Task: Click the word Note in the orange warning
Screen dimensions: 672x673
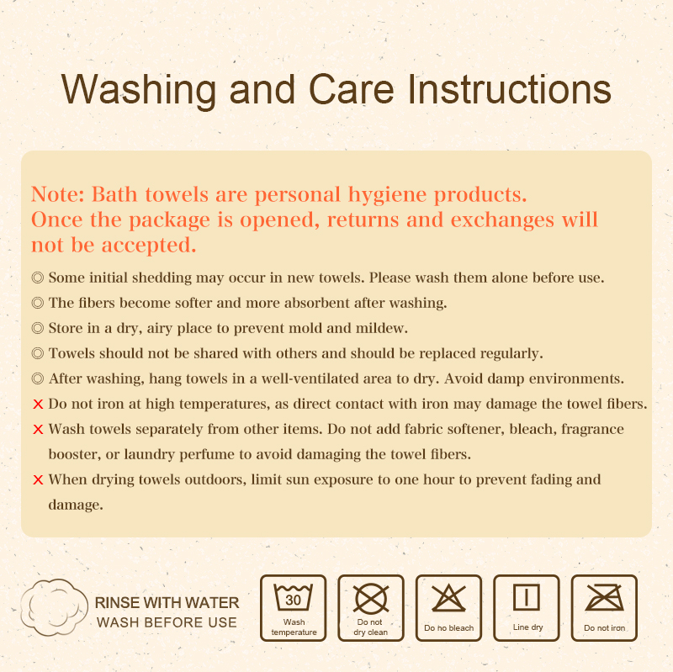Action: [56, 195]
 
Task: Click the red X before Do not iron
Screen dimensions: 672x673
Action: [38, 404]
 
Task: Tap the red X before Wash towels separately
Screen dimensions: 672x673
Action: [38, 429]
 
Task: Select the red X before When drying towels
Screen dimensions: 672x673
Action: [38, 480]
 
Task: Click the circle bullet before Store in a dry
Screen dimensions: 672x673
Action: [38, 327]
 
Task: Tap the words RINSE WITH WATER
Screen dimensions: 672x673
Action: [167, 603]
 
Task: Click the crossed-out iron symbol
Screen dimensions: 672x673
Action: [604, 600]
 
